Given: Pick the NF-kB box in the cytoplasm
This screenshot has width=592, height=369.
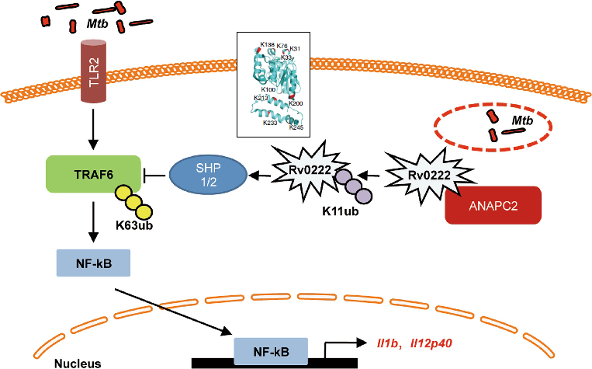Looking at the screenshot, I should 92,263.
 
